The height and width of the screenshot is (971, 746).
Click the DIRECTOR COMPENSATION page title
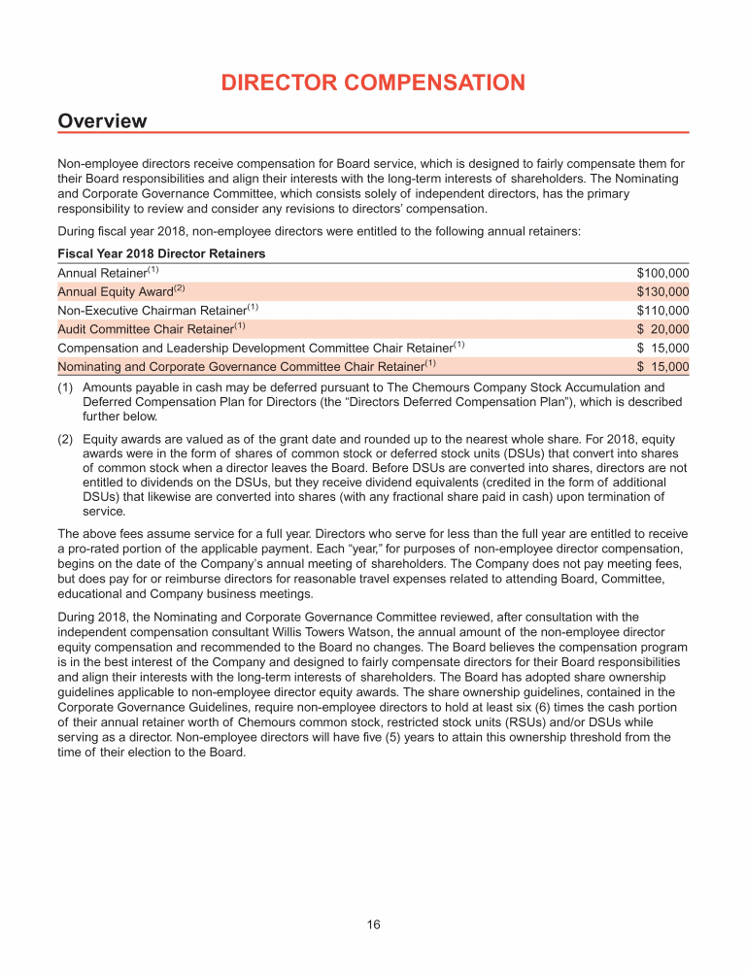373,83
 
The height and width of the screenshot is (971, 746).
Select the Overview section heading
102,121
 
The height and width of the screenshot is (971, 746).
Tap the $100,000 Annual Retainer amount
662,273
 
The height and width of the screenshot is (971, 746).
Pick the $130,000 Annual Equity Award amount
662,291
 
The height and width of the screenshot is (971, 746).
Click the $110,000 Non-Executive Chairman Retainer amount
662,311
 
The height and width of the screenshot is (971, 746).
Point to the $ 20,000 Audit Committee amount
662,329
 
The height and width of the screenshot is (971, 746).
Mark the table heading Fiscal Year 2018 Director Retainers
161,253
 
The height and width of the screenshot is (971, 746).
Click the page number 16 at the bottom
373,924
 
